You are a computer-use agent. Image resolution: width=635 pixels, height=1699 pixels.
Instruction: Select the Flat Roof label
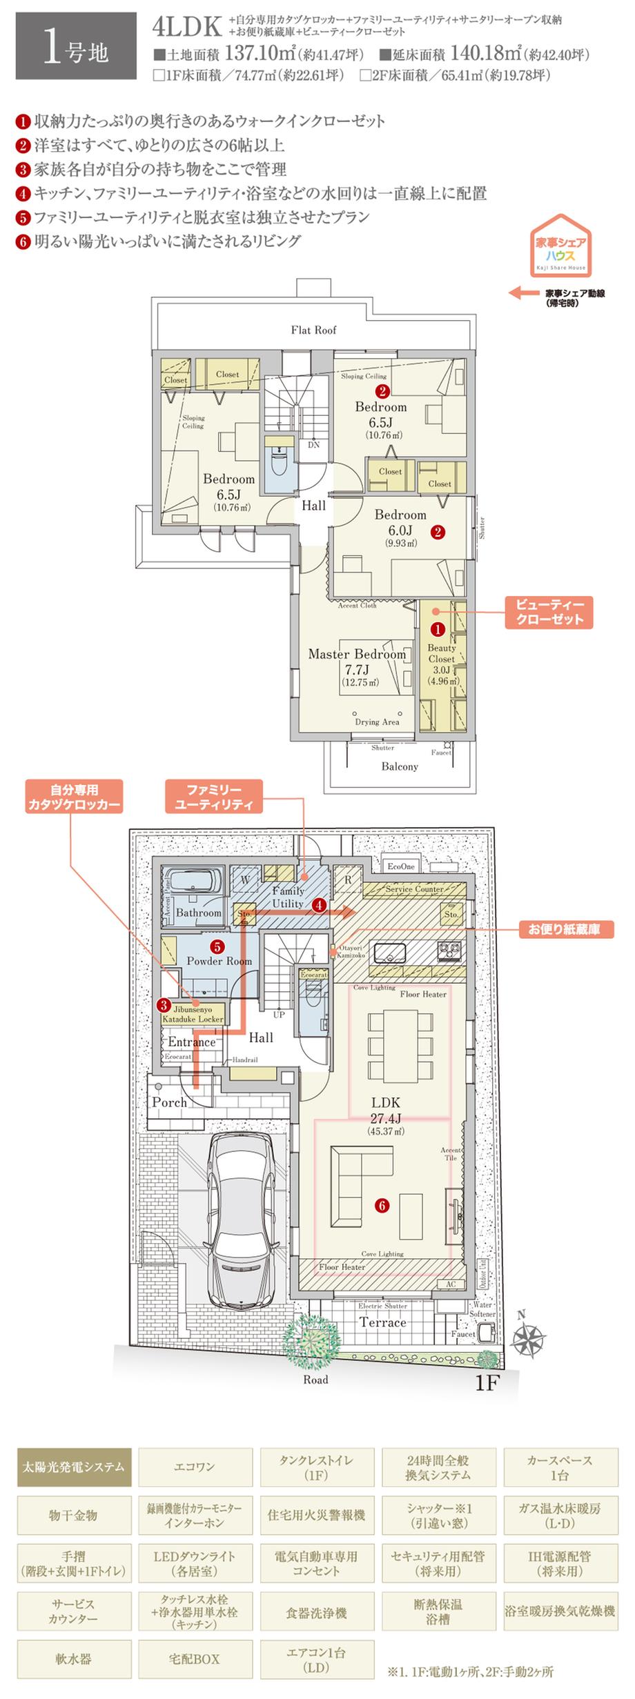[x=313, y=330]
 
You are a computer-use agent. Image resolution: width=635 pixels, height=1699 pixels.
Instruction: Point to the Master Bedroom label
[x=356, y=654]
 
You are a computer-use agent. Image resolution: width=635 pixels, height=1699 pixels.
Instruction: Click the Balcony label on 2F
[x=399, y=766]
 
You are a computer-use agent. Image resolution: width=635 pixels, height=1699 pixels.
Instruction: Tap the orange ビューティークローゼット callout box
[x=549, y=612]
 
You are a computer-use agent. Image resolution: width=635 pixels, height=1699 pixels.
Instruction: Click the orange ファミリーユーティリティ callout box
[x=213, y=797]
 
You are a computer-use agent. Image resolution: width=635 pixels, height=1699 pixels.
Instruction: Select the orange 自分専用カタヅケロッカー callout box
[x=74, y=797]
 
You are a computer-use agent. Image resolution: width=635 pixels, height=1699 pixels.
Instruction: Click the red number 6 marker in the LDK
[x=382, y=1205]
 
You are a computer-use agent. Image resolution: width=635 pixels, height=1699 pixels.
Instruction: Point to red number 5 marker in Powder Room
[x=217, y=947]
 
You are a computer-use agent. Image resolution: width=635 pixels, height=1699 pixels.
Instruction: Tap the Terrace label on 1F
[x=382, y=1322]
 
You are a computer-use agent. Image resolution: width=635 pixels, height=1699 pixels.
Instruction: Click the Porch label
[x=170, y=1102]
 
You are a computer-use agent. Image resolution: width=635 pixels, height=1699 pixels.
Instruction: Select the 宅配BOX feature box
[x=195, y=1659]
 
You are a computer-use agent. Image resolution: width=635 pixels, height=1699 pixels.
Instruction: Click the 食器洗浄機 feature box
[x=317, y=1613]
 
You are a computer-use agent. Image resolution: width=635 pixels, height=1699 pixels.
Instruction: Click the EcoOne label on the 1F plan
[x=401, y=866]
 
